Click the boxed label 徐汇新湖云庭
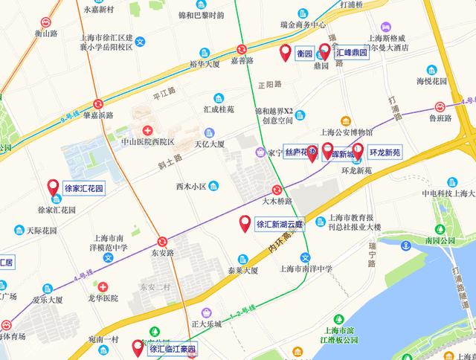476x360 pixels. pos(280,224)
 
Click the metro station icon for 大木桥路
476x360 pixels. pos(277,190)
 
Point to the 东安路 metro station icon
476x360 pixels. pos(162,241)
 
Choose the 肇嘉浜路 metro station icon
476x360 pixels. pos(99,104)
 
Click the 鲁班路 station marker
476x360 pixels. pos(440,106)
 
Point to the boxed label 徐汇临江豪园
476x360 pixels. pos(173,349)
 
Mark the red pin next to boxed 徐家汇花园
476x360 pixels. pos(53,187)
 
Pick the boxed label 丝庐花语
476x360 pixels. pos(301,152)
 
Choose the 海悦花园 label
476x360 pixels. pos(431,80)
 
